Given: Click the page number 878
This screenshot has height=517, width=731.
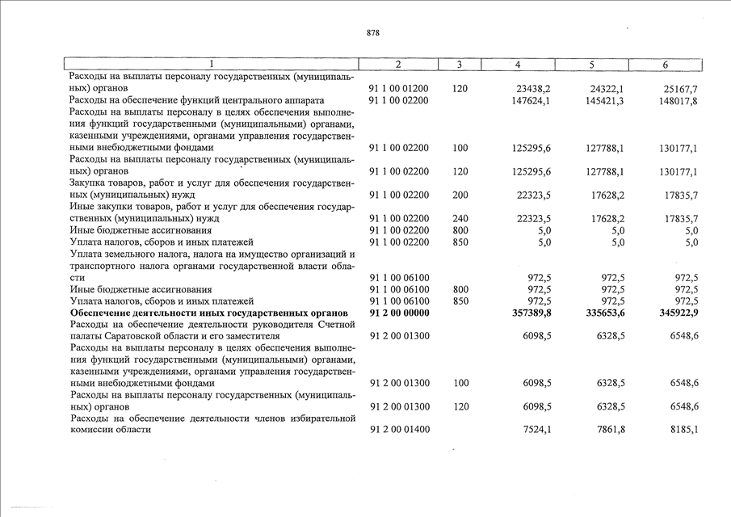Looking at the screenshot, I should point(372,33).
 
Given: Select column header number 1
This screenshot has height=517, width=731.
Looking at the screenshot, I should point(211,65).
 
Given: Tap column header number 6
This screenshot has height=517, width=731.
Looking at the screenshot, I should point(665,65).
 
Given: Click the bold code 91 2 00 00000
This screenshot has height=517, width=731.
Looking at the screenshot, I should point(399,313).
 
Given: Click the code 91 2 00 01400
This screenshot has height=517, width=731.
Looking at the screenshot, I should point(399,430).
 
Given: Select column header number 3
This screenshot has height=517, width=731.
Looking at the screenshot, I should point(458,65).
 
